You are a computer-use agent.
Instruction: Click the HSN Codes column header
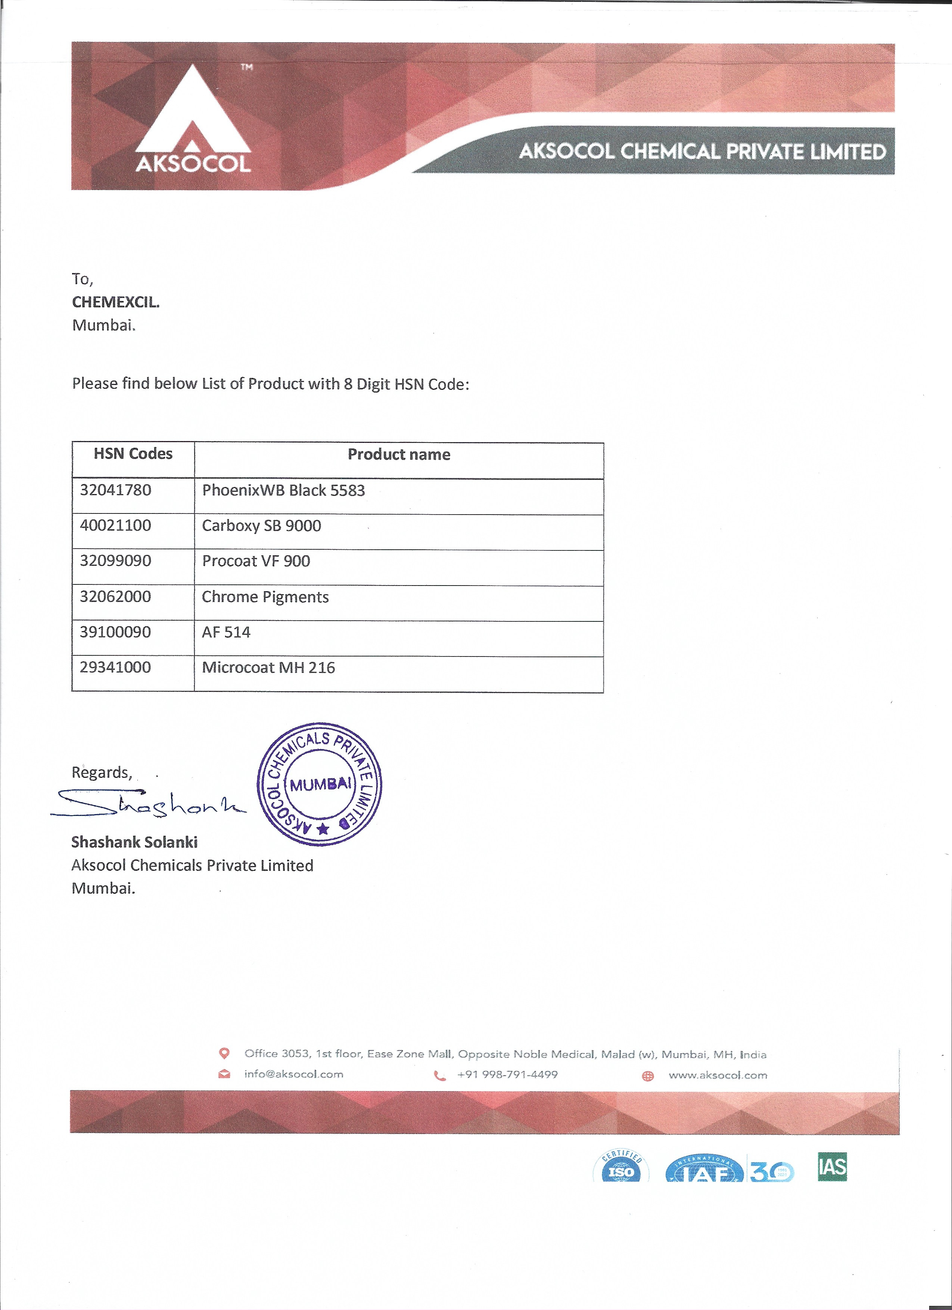tap(133, 454)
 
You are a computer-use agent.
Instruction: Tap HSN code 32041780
tap(115, 490)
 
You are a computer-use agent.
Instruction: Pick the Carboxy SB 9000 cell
tap(262, 526)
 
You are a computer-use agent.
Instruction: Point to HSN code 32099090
tap(115, 561)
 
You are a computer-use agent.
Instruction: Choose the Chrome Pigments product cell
tap(265, 597)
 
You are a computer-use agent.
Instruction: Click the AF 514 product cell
tap(226, 632)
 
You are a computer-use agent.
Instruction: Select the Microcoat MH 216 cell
tap(268, 668)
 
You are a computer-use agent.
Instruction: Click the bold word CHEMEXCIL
tap(115, 302)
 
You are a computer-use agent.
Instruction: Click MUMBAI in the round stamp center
tap(320, 784)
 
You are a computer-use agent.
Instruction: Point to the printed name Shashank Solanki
tap(134, 842)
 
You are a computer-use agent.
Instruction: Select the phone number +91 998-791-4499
tap(507, 1074)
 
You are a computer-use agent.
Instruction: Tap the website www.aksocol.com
tap(718, 1075)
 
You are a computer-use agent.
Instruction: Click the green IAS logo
tap(832, 1166)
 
